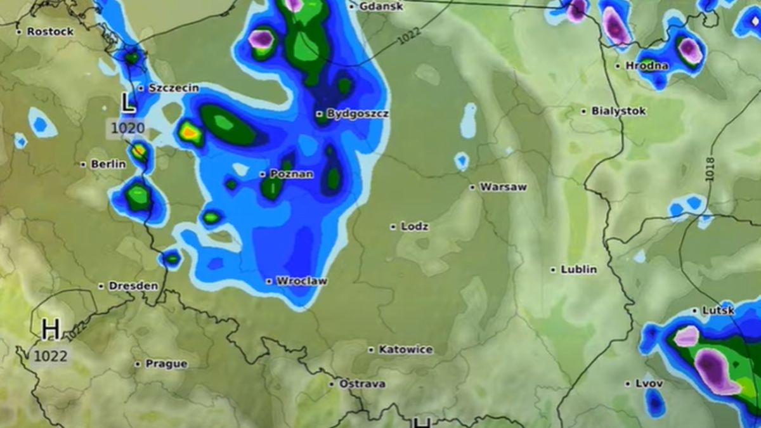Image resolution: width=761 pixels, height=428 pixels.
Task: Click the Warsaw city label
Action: [x=503, y=187]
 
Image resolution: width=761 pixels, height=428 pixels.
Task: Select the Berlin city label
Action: [x=108, y=164]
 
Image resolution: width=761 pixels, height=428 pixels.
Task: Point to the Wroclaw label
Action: [x=301, y=281]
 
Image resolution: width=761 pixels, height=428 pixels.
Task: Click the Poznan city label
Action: [x=291, y=174]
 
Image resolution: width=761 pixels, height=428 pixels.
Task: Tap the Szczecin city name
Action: [x=173, y=88]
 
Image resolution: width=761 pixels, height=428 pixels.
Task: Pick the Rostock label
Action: [x=49, y=31]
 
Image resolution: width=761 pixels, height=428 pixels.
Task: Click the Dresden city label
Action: [x=133, y=286]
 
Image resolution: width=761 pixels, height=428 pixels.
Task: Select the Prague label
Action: [x=166, y=364]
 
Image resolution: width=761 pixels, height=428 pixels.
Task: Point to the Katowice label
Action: [x=405, y=349]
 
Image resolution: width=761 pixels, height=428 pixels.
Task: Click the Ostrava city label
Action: [x=362, y=384]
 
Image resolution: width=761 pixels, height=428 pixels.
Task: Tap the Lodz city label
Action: [x=414, y=226]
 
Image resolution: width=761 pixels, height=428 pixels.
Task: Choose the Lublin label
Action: [x=578, y=269]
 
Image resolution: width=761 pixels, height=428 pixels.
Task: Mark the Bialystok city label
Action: [x=618, y=111]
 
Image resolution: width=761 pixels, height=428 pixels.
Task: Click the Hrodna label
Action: [x=647, y=65]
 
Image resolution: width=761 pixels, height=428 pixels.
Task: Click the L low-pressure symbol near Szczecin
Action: [x=129, y=103]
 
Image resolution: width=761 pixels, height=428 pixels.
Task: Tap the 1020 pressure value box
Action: [x=128, y=129]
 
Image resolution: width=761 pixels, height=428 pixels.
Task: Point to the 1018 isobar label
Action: [x=710, y=169]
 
